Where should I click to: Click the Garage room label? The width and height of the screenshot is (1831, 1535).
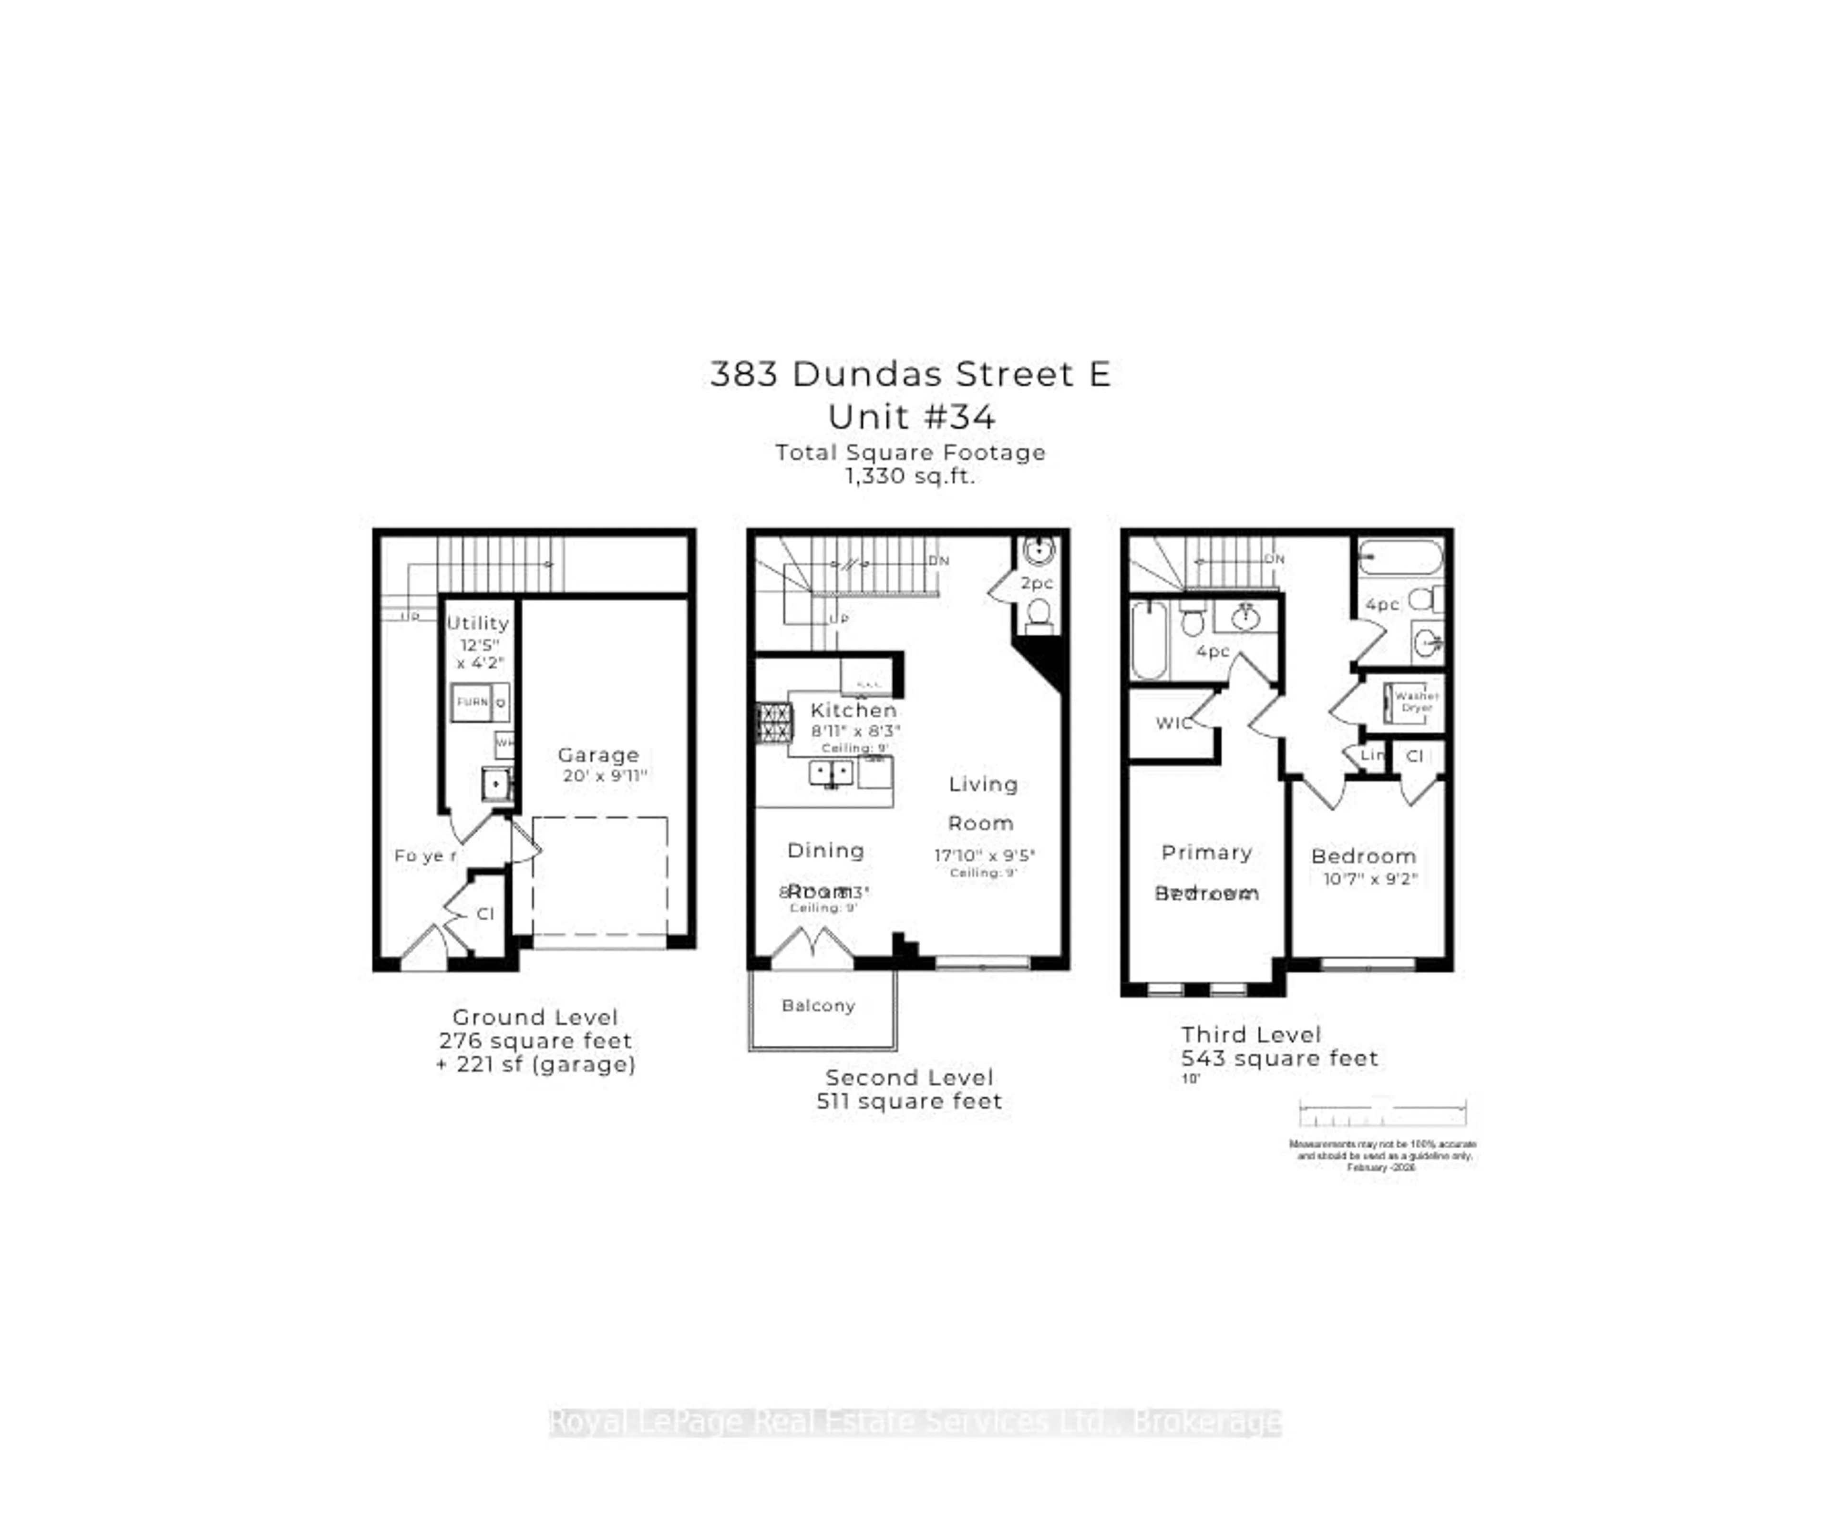click(598, 755)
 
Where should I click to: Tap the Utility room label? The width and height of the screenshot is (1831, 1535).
click(478, 623)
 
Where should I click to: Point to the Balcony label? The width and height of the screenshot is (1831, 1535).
click(818, 1006)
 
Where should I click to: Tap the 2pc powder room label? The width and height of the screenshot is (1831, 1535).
click(1037, 583)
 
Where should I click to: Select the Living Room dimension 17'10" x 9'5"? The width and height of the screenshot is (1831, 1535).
click(984, 855)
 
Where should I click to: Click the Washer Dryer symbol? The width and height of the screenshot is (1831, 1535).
click(1406, 702)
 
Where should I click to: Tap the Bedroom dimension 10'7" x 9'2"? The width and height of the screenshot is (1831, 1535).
click(1370, 879)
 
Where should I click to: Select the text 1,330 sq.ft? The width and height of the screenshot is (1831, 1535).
click(909, 476)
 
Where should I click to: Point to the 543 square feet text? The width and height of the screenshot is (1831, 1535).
click(1279, 1059)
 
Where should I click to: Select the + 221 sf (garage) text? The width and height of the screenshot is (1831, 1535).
click(535, 1065)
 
